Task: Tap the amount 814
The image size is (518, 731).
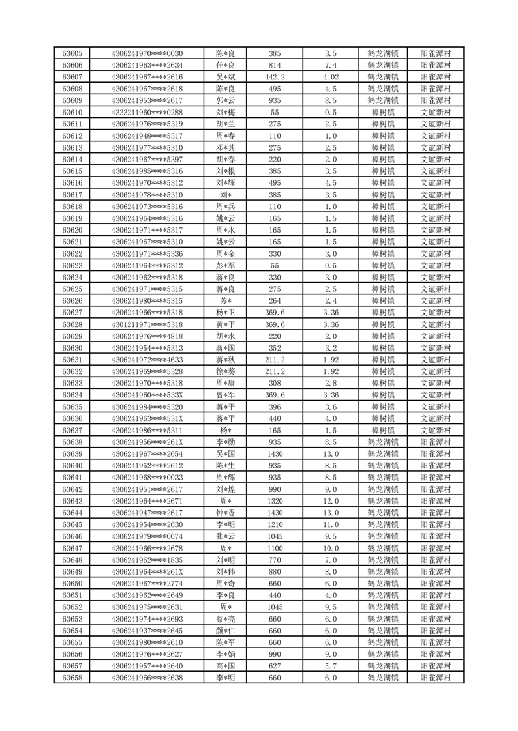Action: pos(275,65)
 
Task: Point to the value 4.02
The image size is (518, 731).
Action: pos(330,77)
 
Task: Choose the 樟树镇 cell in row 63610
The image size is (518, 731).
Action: pos(383,113)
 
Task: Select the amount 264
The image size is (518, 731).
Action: pos(275,301)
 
